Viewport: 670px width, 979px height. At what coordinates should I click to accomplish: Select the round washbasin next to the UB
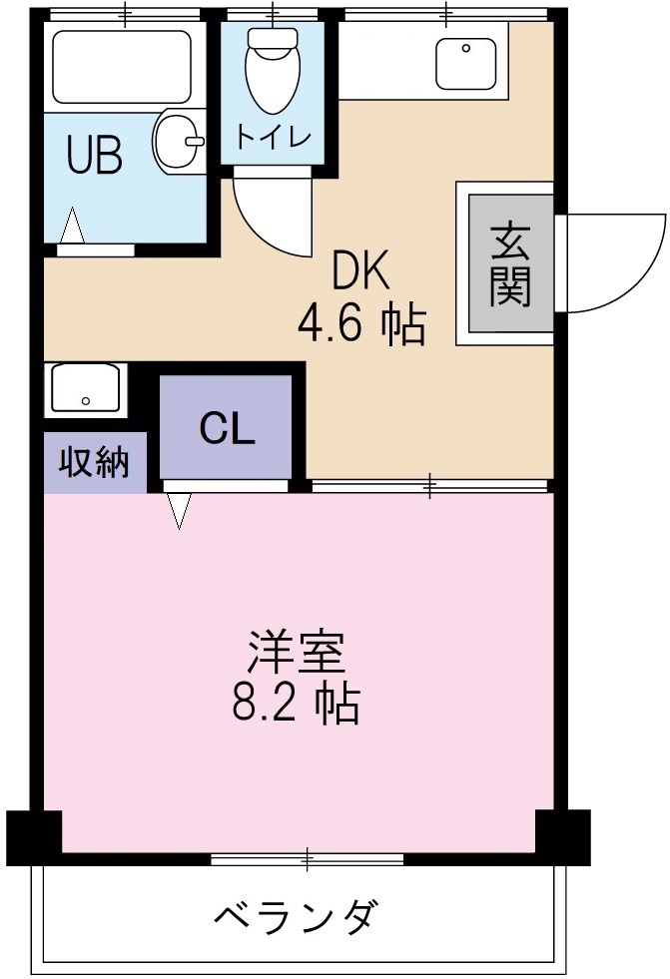tap(179, 142)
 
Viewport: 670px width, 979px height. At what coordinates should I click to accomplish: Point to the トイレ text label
tap(273, 135)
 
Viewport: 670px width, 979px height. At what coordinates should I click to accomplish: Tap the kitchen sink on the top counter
tap(466, 63)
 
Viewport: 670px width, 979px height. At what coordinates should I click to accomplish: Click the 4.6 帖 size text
tap(360, 324)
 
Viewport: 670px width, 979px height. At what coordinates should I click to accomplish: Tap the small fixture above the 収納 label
tap(84, 389)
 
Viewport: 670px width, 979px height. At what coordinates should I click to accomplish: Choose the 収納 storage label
tap(93, 463)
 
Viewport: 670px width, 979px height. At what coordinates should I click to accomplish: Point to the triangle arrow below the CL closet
tap(179, 512)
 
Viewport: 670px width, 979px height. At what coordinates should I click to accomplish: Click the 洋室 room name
tap(297, 655)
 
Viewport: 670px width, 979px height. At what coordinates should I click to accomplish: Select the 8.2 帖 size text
tap(297, 706)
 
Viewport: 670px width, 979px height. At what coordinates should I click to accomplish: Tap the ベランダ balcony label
tap(297, 914)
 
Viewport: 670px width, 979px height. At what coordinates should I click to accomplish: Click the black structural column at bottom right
tap(562, 835)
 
